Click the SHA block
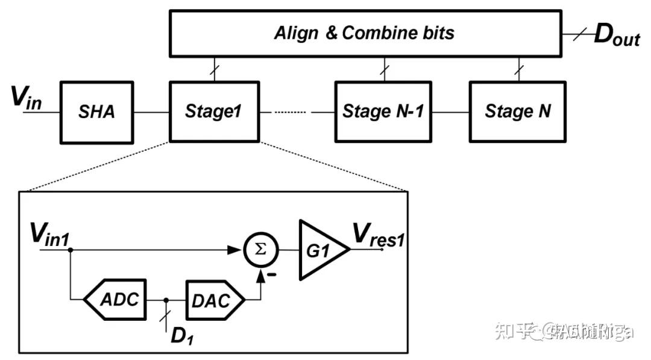(x=96, y=111)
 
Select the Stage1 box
(x=215, y=111)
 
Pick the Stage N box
(x=517, y=111)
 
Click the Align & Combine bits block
(x=364, y=33)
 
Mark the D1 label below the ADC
(x=179, y=336)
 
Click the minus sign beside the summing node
(x=273, y=275)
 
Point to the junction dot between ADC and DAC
(x=166, y=300)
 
